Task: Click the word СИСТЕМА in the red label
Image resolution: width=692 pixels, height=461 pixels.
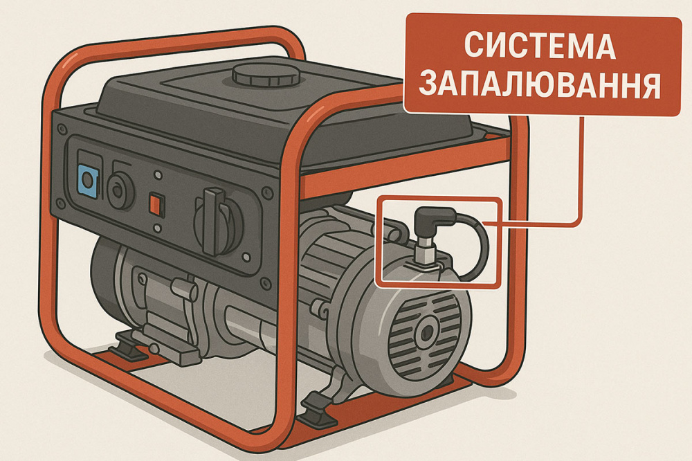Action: tap(539, 46)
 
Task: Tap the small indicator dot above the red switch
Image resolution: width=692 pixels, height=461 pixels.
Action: tap(158, 177)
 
